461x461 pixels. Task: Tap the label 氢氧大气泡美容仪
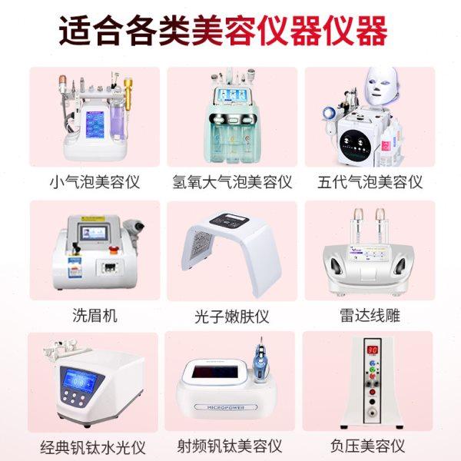click(x=232, y=183)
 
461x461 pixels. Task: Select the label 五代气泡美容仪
click(x=370, y=183)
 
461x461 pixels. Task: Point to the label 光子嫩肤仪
click(x=232, y=316)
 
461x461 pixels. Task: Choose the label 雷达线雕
click(x=370, y=315)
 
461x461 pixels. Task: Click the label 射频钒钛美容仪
click(x=232, y=446)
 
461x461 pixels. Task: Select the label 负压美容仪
click(x=370, y=446)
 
